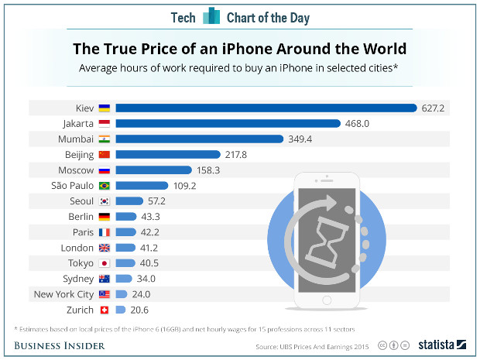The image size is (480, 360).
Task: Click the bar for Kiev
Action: [x=267, y=108]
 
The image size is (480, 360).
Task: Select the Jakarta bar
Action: [x=228, y=123]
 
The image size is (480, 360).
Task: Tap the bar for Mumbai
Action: [x=199, y=139]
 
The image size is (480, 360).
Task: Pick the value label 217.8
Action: [x=235, y=155]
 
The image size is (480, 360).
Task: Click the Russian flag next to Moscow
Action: [x=105, y=170]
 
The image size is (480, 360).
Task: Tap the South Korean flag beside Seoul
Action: [x=105, y=201]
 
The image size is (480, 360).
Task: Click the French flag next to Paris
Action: [x=105, y=232]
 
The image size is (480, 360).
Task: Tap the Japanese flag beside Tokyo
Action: [x=105, y=263]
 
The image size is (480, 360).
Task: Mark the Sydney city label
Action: [x=78, y=279]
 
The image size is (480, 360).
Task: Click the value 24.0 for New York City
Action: [x=140, y=294]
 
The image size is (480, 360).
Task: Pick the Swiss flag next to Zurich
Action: [x=105, y=310]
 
